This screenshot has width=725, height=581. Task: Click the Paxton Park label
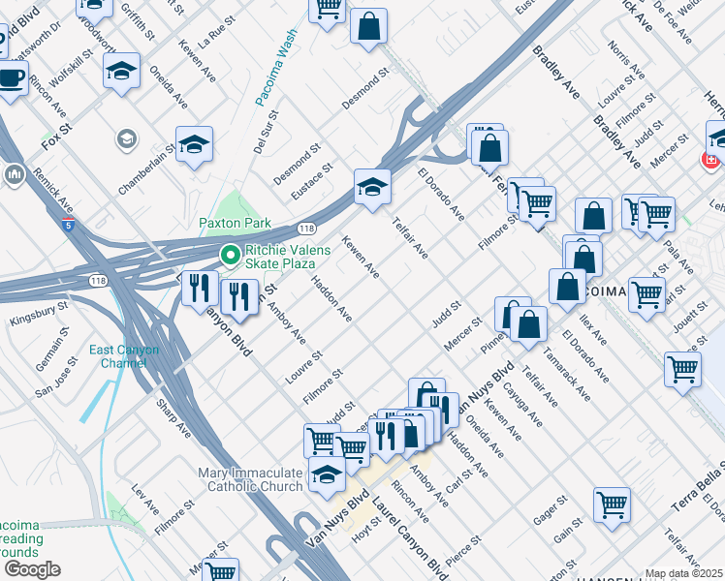tap(235, 223)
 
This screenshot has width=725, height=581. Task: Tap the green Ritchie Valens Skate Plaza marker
tap(230, 257)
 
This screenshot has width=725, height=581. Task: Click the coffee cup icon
tap(11, 78)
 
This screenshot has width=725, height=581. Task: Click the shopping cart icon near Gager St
tap(612, 504)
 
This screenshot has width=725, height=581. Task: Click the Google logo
tap(31, 569)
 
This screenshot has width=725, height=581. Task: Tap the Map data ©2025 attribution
tap(684, 573)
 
